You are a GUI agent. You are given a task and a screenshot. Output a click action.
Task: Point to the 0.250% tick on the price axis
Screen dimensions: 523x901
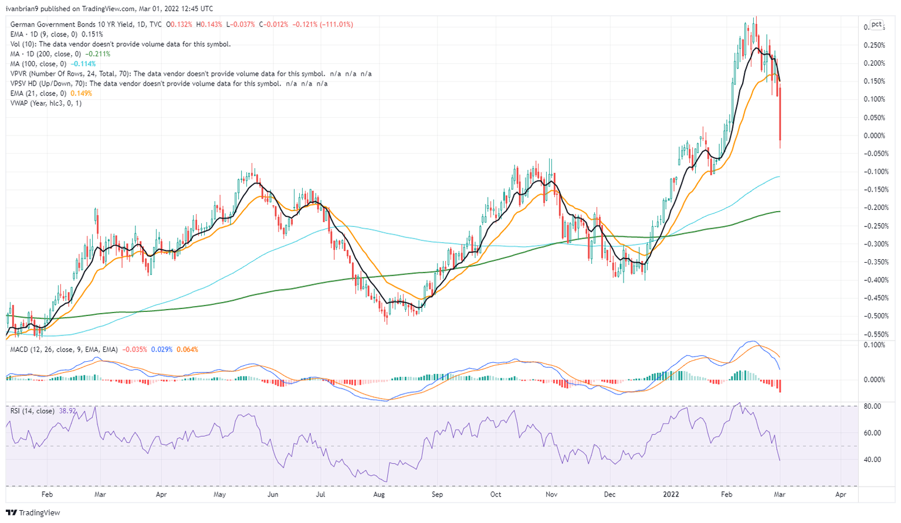(x=875, y=45)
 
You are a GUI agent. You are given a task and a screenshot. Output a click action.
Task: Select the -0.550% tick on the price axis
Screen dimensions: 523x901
(x=873, y=334)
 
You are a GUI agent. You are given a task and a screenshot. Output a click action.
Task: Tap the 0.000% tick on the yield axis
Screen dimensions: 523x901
(x=875, y=135)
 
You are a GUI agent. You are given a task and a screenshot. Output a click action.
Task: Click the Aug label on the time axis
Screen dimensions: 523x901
(x=379, y=494)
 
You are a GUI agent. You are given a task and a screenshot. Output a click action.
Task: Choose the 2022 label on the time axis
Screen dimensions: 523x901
(x=670, y=494)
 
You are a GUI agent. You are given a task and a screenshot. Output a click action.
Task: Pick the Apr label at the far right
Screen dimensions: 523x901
(x=841, y=494)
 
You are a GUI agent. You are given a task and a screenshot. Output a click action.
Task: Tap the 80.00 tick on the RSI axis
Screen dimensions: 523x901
(x=873, y=406)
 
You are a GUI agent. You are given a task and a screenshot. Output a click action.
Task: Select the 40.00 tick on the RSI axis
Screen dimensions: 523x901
(x=873, y=459)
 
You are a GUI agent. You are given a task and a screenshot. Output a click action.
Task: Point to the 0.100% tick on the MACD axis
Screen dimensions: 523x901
(x=875, y=345)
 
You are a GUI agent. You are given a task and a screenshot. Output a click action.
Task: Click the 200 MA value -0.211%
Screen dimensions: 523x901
(x=97, y=54)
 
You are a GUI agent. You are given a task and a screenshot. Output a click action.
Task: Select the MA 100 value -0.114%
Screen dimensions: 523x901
(x=83, y=64)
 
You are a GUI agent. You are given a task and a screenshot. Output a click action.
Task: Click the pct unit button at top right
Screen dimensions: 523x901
(x=876, y=25)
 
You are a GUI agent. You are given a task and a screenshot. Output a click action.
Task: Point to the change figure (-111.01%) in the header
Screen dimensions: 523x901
(x=336, y=25)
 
